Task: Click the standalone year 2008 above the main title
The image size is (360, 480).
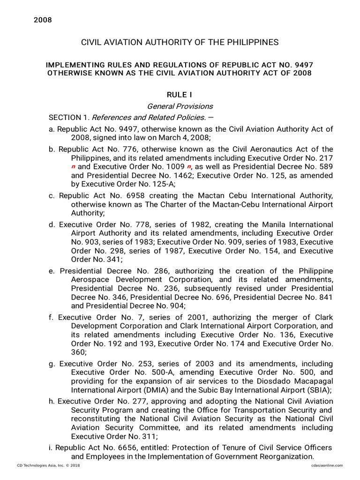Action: (42, 20)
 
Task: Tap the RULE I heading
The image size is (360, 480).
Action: (180, 95)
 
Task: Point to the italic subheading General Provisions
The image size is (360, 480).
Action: (180, 106)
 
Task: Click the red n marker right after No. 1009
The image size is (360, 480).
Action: (188, 166)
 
